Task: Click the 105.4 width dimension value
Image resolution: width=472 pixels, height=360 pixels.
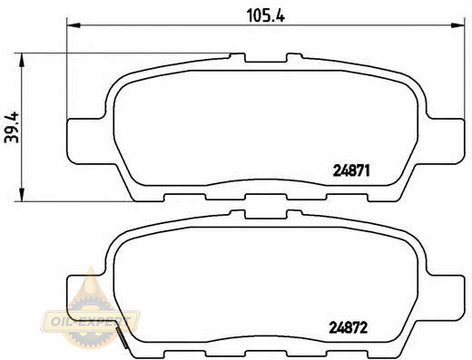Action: click(x=266, y=15)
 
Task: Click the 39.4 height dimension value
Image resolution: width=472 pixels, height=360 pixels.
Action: click(x=12, y=127)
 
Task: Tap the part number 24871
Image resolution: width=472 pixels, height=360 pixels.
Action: click(x=351, y=170)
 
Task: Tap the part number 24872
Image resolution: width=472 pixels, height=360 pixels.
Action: click(x=349, y=327)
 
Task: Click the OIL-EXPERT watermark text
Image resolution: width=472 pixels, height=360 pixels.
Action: click(x=91, y=321)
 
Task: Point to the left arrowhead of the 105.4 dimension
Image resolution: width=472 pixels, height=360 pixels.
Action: click(x=74, y=25)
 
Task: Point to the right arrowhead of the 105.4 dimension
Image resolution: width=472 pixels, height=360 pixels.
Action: click(x=457, y=25)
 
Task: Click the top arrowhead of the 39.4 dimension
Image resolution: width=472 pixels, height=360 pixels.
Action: click(x=22, y=60)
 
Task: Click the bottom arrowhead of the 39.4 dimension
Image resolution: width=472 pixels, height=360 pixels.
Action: click(x=22, y=194)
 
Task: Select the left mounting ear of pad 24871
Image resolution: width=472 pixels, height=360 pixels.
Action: click(x=86, y=141)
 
